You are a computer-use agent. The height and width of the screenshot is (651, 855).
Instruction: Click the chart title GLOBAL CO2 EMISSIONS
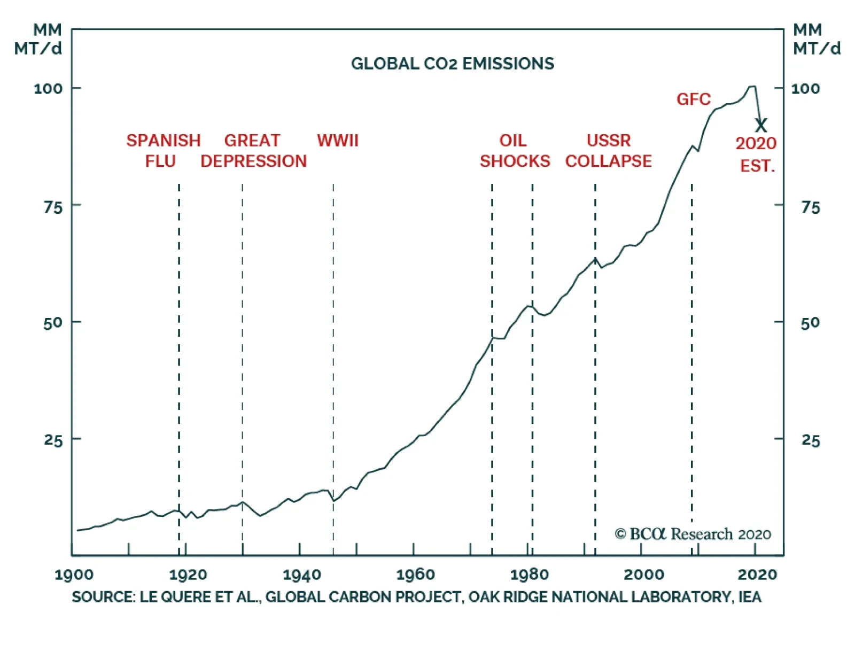pyautogui.click(x=452, y=64)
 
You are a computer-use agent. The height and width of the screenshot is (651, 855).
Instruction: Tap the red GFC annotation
pyautogui.click(x=693, y=99)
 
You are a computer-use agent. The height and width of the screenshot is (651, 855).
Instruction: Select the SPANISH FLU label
pyautogui.click(x=163, y=151)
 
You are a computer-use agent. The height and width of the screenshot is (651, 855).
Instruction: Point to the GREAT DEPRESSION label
pyautogui.click(x=253, y=151)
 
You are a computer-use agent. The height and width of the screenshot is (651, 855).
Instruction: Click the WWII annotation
pyautogui.click(x=337, y=141)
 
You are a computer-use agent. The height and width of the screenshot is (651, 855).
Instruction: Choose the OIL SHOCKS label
pyautogui.click(x=514, y=151)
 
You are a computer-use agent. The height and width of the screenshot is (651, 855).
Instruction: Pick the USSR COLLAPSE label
pyautogui.click(x=608, y=151)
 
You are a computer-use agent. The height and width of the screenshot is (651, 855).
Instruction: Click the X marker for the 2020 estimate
pyautogui.click(x=760, y=126)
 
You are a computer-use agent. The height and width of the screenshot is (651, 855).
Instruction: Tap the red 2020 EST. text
pyautogui.click(x=756, y=154)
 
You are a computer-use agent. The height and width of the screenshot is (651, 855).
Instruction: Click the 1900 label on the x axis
pyautogui.click(x=74, y=575)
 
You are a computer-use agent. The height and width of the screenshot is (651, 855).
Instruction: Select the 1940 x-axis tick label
pyautogui.click(x=302, y=575)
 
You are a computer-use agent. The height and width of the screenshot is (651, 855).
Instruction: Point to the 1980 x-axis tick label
pyautogui.click(x=529, y=575)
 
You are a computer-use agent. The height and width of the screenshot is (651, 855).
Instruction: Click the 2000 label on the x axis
pyautogui.click(x=643, y=575)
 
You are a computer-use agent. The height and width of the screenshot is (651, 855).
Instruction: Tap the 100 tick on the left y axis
pyautogui.click(x=48, y=89)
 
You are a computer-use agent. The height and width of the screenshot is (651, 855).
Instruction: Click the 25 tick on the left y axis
pyautogui.click(x=53, y=440)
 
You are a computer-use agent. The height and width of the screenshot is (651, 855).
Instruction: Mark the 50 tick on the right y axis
pyautogui.click(x=810, y=323)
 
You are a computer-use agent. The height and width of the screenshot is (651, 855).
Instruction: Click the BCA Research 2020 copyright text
pyautogui.click(x=693, y=534)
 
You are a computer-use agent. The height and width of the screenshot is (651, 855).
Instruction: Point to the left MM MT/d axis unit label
pyautogui.click(x=38, y=39)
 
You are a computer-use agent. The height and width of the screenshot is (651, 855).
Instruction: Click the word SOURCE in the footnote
pyautogui.click(x=103, y=597)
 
